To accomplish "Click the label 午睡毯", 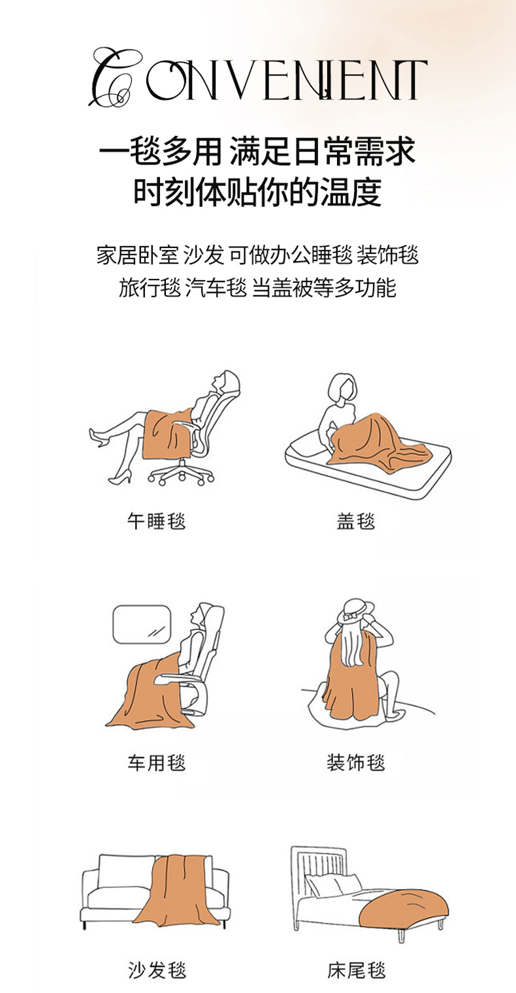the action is [156, 521].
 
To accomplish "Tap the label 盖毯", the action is [356, 521].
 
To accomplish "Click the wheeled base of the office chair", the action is [180, 474].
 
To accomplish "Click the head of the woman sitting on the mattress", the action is [342, 387].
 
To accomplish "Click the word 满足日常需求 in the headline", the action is [323, 151].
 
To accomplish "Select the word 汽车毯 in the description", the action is [216, 288].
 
